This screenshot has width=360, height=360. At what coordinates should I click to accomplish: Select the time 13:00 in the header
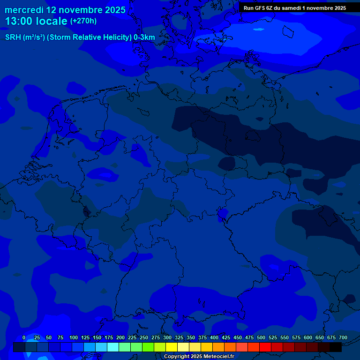pos(19,21)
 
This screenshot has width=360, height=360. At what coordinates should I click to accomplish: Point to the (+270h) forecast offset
pos(83,21)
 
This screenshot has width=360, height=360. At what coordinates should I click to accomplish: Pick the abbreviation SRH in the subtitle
pos(13,37)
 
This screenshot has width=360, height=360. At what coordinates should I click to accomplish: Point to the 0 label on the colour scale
pos(24,337)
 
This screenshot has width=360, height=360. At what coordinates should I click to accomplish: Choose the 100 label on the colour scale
pos(74,337)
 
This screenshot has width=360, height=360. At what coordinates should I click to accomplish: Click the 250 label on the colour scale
pos(144,337)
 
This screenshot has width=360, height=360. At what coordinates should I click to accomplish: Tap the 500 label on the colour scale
pos(261,337)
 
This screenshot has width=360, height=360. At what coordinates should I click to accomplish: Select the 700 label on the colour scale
pos(343,337)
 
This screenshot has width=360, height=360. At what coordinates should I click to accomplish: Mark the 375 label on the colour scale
pos(202,337)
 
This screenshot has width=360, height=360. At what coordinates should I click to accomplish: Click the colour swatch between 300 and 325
pos(172,347)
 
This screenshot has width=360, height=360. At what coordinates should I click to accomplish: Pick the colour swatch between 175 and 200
pos(113,347)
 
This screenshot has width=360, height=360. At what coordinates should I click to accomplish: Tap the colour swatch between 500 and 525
pos(265,347)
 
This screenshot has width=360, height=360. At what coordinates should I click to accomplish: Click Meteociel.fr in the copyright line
pos(218,357)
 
